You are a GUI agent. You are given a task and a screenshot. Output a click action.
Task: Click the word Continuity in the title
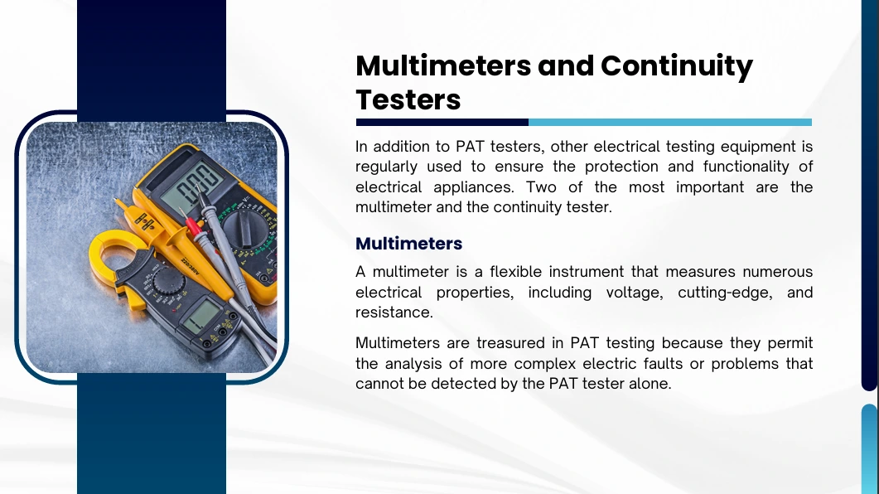[x=677, y=67]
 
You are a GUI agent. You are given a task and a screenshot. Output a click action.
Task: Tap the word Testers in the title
[x=408, y=99]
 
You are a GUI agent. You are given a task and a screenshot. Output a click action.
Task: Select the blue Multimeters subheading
[x=408, y=244]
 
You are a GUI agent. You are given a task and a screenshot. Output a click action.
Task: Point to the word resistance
[x=394, y=312]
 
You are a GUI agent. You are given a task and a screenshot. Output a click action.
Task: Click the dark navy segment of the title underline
[x=442, y=122]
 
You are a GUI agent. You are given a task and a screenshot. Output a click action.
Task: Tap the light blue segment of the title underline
[x=670, y=122]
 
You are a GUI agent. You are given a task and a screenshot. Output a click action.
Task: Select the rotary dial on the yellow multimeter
[x=245, y=229]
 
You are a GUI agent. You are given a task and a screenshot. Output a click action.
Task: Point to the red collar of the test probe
[x=193, y=226]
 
